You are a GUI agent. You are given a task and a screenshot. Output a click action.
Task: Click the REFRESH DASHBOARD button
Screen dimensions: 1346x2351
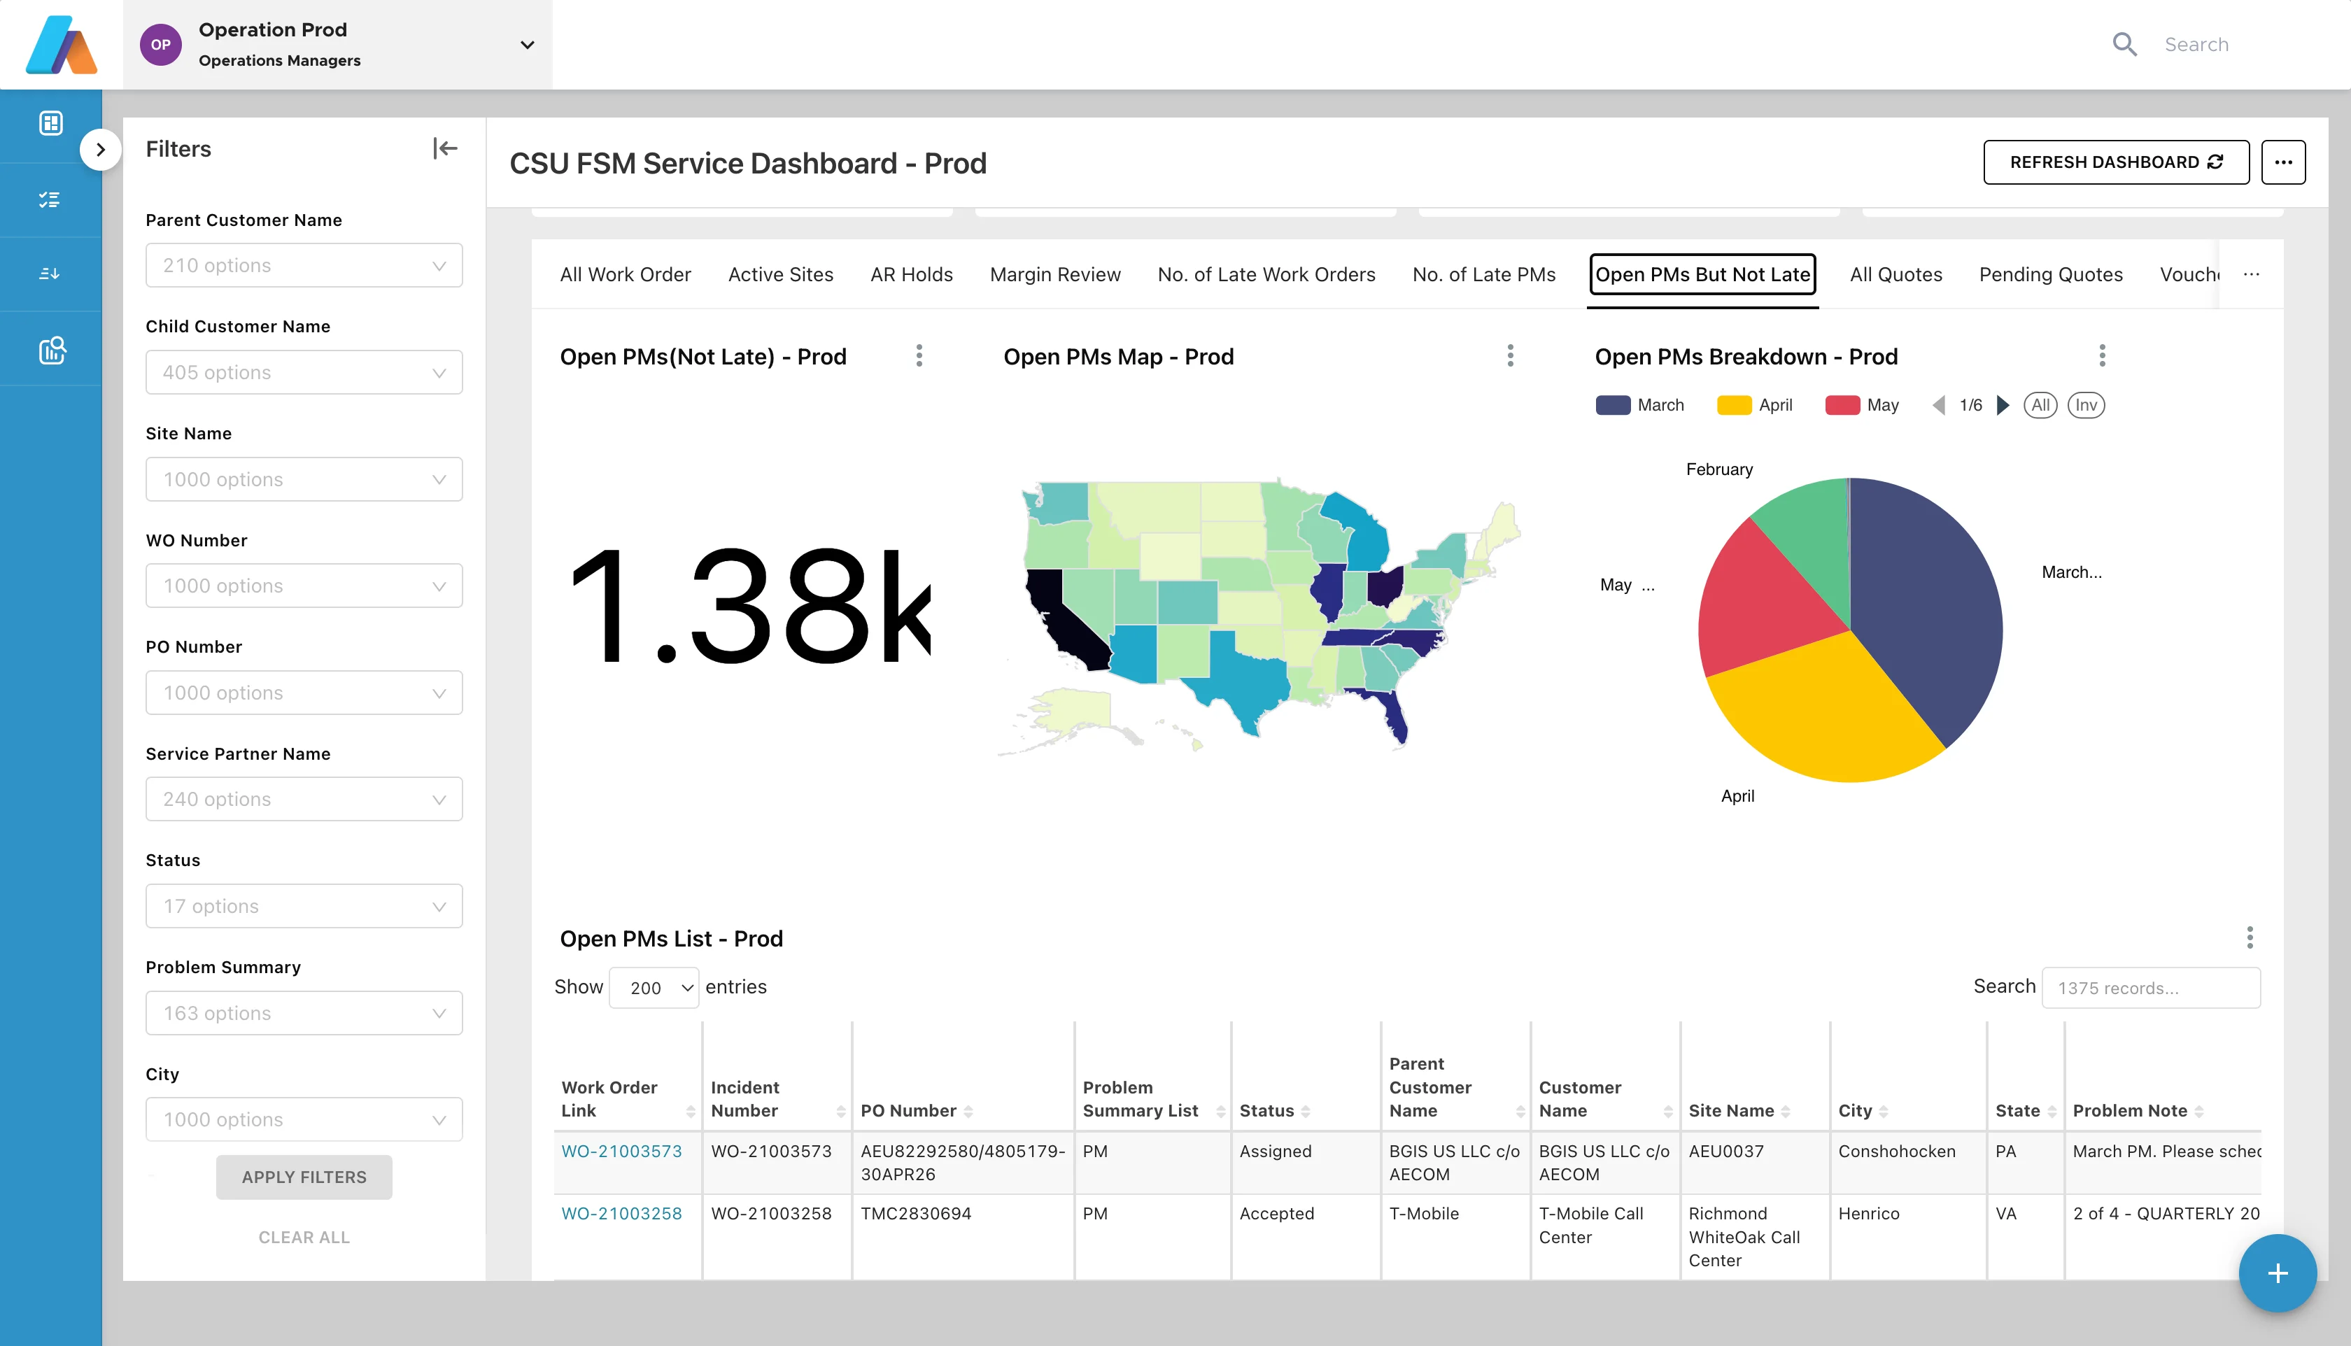[2115, 163]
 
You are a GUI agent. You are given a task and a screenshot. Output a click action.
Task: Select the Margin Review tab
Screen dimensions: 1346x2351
[1055, 274]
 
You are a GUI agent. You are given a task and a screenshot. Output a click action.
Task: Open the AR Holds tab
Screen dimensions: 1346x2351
[910, 274]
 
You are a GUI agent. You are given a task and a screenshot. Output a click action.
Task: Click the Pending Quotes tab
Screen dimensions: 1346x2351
[2049, 274]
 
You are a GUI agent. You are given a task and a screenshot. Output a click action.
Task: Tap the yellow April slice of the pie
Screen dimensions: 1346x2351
[1821, 712]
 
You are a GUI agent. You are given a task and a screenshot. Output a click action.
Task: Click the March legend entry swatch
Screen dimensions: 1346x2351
[1612, 405]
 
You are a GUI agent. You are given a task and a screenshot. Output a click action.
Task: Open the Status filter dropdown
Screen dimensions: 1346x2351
[303, 906]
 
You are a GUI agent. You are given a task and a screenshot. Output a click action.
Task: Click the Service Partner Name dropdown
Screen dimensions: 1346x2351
[303, 799]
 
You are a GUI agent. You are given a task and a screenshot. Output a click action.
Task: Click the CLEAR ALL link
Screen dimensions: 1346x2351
[303, 1237]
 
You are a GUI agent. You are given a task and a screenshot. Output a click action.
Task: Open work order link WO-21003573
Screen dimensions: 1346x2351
[621, 1151]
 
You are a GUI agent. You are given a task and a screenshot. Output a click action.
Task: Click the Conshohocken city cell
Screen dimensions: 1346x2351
[1896, 1151]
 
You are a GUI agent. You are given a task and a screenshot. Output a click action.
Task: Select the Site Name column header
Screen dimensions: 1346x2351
[1730, 1110]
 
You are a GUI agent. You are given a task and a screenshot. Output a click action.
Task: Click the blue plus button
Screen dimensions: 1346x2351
[2277, 1273]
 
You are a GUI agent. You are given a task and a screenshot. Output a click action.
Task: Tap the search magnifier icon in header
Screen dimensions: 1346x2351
[2124, 44]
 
